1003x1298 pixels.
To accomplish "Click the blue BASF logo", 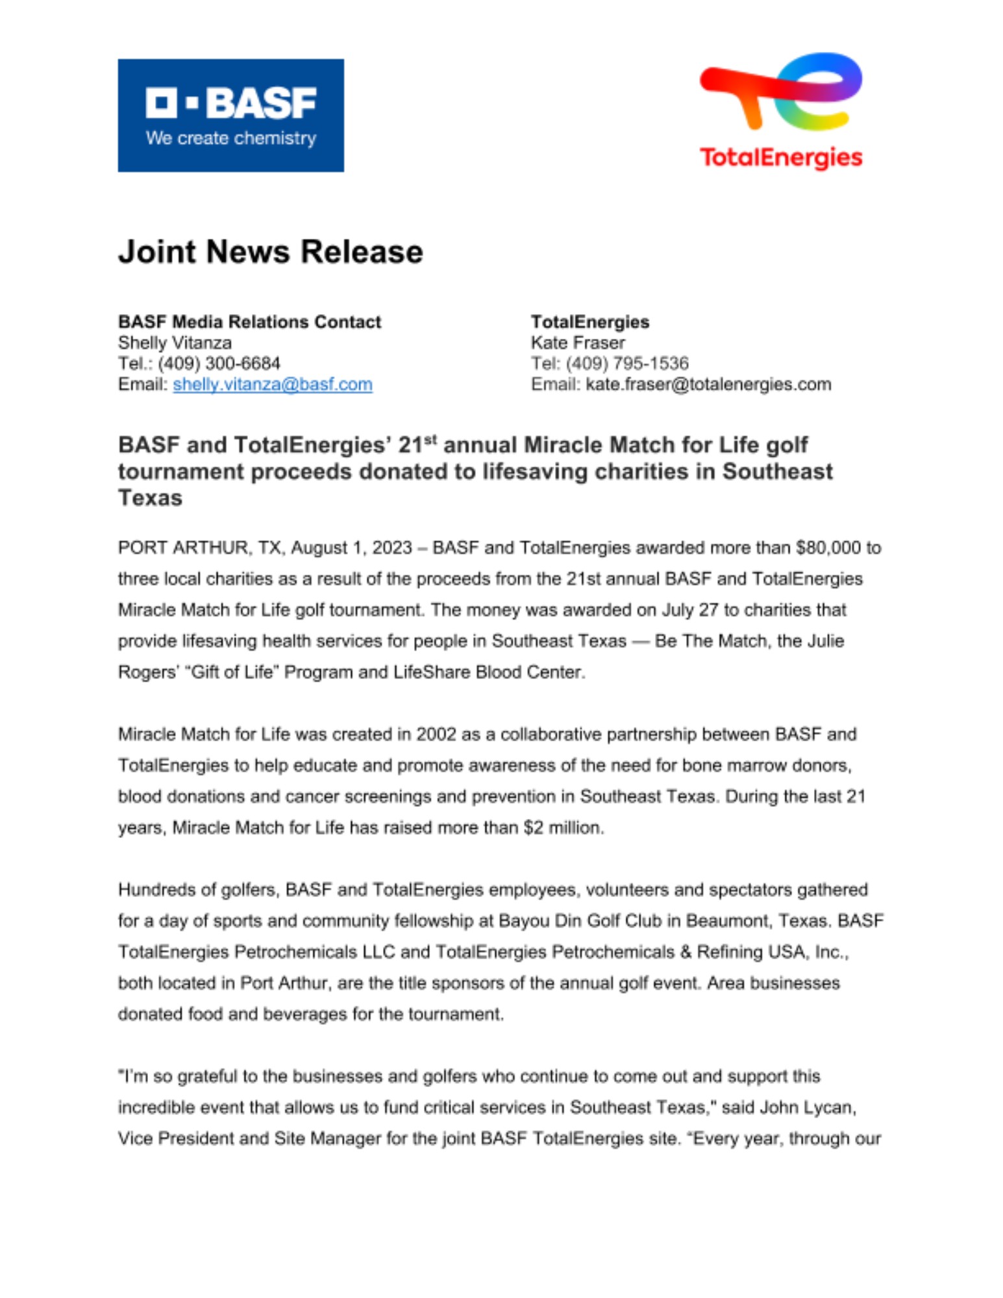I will [230, 115].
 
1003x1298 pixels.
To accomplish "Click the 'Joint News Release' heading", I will [270, 251].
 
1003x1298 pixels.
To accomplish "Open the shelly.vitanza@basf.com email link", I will [272, 384].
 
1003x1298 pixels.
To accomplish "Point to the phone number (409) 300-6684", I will [219, 363].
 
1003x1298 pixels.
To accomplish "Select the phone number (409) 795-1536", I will [626, 363].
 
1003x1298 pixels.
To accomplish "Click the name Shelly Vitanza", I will [175, 343].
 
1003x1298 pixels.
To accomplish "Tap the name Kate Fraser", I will [578, 343].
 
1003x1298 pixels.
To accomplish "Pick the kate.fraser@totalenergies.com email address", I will [708, 384].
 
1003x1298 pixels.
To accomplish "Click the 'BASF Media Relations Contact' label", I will [249, 322].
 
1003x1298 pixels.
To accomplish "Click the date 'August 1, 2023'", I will [351, 548].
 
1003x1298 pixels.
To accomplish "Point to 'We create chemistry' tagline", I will [230, 138].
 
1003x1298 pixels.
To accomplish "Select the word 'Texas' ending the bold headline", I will [150, 498].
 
